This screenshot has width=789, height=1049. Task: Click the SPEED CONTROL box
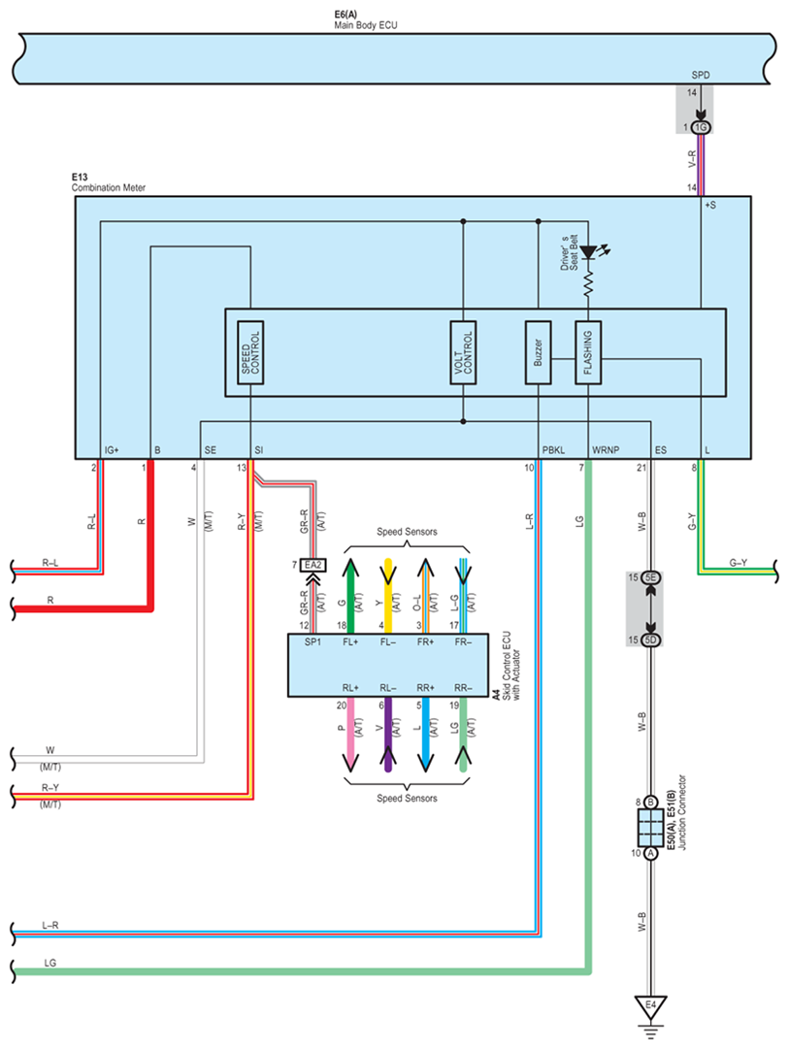pyautogui.click(x=250, y=352)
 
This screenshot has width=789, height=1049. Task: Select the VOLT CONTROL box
pyautogui.click(x=463, y=352)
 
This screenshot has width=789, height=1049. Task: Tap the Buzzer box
pyautogui.click(x=538, y=352)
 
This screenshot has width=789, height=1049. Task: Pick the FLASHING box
pyautogui.click(x=588, y=352)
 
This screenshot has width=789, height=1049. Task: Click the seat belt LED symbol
pyautogui.click(x=590, y=252)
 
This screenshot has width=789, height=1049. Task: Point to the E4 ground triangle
pyautogui.click(x=650, y=1007)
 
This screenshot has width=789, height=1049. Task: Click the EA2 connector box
pyautogui.click(x=312, y=566)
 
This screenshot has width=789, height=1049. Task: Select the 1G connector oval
pyautogui.click(x=701, y=127)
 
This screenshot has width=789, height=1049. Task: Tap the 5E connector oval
pyautogui.click(x=650, y=577)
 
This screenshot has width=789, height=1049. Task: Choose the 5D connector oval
pyautogui.click(x=650, y=640)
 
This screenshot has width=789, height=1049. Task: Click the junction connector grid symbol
pyautogui.click(x=650, y=828)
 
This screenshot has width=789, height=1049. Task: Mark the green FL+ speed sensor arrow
pyautogui.click(x=350, y=595)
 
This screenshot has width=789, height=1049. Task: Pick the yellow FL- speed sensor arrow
pyautogui.click(x=387, y=595)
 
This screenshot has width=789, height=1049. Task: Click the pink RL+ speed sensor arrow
pyautogui.click(x=350, y=735)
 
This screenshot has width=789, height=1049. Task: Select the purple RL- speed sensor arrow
pyautogui.click(x=387, y=735)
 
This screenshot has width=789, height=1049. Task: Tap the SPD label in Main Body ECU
pyautogui.click(x=701, y=75)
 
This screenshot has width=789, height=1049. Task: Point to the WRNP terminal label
pyautogui.click(x=606, y=450)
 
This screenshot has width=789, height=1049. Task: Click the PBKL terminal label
pyautogui.click(x=553, y=450)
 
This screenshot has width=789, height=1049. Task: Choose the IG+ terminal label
pyautogui.click(x=112, y=450)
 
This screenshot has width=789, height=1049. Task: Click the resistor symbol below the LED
pyautogui.click(x=588, y=283)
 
